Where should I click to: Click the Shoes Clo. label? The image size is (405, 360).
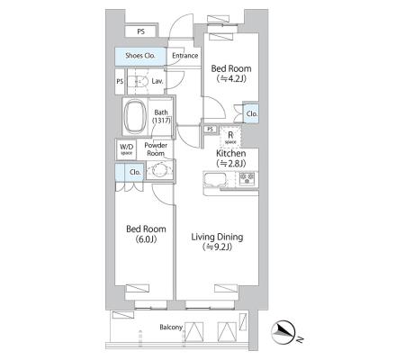[140, 56]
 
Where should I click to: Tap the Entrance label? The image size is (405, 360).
[184, 56]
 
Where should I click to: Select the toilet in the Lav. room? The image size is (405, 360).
[139, 81]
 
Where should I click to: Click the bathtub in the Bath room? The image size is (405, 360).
[135, 116]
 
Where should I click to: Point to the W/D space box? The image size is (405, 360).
[126, 149]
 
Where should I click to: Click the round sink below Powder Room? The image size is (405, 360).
[159, 170]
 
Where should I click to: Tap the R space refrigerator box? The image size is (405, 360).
[230, 137]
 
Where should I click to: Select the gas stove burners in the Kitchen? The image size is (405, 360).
[247, 179]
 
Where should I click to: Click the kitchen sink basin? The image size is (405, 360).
[215, 180]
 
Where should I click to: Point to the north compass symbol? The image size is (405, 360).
[283, 332]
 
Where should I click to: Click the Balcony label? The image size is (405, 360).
[171, 327]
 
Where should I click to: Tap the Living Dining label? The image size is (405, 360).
[217, 237]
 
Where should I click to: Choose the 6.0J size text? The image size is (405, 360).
[146, 239]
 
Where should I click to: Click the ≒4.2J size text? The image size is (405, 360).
[231, 78]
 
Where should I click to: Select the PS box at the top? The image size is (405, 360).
[140, 31]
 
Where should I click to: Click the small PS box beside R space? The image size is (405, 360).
[211, 130]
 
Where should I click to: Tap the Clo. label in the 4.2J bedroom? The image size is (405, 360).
[252, 114]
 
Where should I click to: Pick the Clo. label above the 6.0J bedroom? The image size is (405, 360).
[135, 172]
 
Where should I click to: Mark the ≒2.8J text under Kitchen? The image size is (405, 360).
[231, 163]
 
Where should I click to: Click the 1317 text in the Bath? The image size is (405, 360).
[161, 121]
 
